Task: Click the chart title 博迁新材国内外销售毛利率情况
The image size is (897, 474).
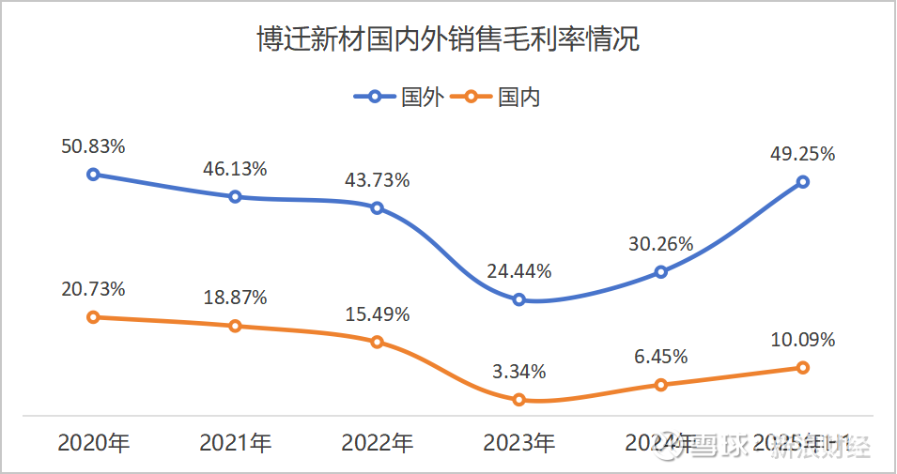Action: pyautogui.click(x=448, y=40)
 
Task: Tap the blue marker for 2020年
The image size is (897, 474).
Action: pyautogui.click(x=93, y=174)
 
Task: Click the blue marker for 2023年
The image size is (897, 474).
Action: pyautogui.click(x=518, y=299)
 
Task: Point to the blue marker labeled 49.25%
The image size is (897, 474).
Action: pyautogui.click(x=803, y=181)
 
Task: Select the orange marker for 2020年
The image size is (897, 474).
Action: pyautogui.click(x=93, y=317)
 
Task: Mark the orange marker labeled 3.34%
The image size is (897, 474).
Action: pyautogui.click(x=518, y=400)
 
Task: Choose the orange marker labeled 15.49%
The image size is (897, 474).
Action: pyautogui.click(x=377, y=342)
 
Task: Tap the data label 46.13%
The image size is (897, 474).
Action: pyautogui.click(x=235, y=169)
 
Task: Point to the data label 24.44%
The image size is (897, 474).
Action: pyautogui.click(x=518, y=272)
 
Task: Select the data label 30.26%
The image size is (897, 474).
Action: pyautogui.click(x=661, y=244)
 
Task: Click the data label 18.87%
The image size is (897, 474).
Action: pyautogui.click(x=235, y=298)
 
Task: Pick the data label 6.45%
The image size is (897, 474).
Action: pyautogui.click(x=661, y=357)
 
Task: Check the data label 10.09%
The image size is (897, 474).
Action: pyautogui.click(x=803, y=340)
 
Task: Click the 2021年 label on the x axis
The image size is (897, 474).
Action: pyautogui.click(x=235, y=443)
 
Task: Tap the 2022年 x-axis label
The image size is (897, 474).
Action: pyautogui.click(x=377, y=443)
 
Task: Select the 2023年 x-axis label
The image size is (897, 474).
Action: pyautogui.click(x=518, y=443)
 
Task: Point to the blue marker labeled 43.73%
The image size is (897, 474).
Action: pyautogui.click(x=377, y=207)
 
